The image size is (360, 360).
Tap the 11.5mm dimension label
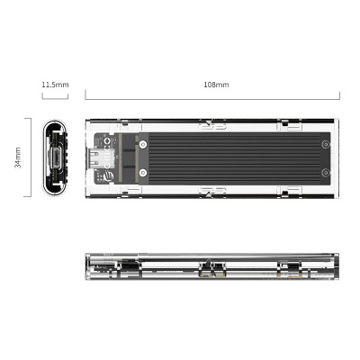[55, 84]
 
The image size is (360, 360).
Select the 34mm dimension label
[19, 158]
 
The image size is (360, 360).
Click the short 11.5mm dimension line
[55, 94]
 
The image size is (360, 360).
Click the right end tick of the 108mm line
[339, 94]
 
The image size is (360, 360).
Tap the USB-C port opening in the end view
[55, 159]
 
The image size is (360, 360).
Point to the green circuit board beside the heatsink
[115, 158]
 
